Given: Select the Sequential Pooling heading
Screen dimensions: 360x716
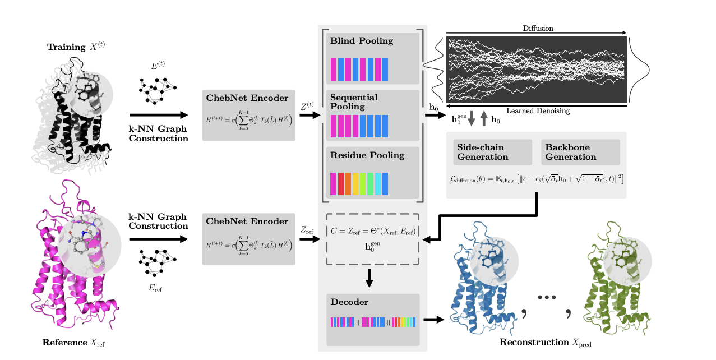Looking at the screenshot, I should (x=354, y=101).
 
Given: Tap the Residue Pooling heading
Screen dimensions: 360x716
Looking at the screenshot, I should (x=359, y=155).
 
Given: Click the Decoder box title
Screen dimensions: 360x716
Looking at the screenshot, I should (x=349, y=302).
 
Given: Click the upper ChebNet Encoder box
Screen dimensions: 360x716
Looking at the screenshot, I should (x=248, y=115).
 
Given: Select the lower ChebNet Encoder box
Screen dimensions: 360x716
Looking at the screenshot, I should (x=248, y=238).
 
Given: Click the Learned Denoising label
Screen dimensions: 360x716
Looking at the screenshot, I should (x=538, y=111).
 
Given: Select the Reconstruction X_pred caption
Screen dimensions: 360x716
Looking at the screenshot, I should (x=545, y=343).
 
